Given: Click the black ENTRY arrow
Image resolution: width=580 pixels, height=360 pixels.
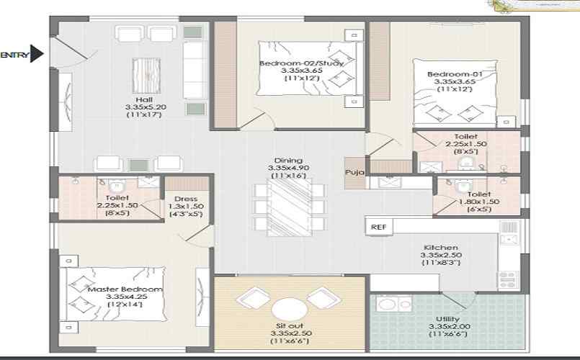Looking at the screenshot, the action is click(36, 53).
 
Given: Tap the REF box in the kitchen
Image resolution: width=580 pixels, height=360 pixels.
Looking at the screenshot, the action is click(378, 227).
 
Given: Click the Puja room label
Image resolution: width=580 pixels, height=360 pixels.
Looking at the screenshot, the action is click(354, 172).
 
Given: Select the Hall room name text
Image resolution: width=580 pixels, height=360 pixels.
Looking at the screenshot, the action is click(144, 99).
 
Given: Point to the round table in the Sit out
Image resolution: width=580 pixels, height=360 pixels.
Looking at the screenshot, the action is click(290, 310).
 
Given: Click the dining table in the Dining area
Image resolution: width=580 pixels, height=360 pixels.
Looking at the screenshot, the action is click(289, 207).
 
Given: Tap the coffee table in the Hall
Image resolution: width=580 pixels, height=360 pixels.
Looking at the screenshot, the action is click(146, 76).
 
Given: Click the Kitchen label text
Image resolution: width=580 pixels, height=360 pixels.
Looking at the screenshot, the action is click(441, 247).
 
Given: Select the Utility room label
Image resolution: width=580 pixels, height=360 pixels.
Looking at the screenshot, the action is click(447, 319).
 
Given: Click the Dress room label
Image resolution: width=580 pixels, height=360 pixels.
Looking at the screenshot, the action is click(186, 199).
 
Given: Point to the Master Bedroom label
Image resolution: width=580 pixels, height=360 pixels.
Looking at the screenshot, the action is click(125, 289).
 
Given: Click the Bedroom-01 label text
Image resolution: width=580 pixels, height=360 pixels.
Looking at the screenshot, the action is click(455, 74).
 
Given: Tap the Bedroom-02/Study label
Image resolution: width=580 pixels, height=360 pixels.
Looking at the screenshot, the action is click(301, 63).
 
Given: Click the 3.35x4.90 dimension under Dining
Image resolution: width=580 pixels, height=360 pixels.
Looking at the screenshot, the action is click(288, 168).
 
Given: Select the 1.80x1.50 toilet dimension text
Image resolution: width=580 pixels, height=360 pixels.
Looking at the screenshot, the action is click(479, 202).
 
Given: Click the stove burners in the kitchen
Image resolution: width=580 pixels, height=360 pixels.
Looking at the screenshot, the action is click(507, 280).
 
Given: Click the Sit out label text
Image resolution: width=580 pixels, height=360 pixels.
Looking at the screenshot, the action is click(290, 325).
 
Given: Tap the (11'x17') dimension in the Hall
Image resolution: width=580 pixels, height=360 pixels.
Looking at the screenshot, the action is click(144, 114).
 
